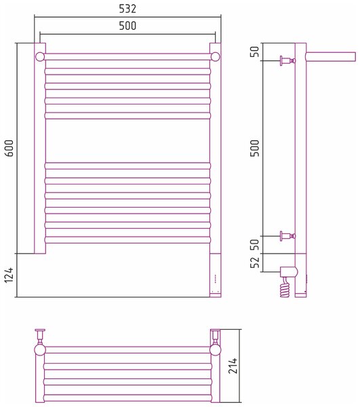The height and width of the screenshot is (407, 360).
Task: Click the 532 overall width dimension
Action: [x=127, y=9]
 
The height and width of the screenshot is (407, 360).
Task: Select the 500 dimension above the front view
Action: [x=127, y=26]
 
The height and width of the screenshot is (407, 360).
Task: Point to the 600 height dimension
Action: [x=9, y=148]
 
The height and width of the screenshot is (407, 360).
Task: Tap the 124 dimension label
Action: [x=9, y=275]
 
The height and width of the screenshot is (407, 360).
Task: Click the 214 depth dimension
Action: [x=233, y=366]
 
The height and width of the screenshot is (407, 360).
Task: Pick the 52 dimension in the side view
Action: [x=255, y=263]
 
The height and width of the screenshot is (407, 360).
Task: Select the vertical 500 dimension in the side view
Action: [x=255, y=148]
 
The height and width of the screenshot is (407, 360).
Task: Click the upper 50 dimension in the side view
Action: [x=255, y=52]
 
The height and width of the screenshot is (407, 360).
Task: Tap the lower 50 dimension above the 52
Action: [x=255, y=244]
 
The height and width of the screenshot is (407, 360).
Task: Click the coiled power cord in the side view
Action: [x=285, y=288]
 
